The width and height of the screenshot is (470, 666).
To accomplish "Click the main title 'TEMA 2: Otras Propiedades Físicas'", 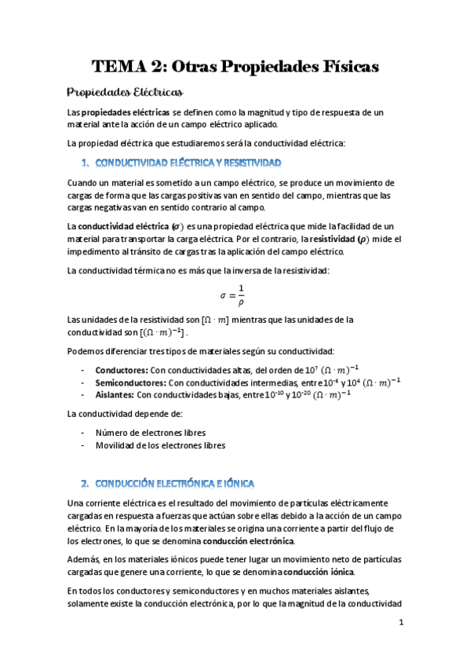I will click(235, 67).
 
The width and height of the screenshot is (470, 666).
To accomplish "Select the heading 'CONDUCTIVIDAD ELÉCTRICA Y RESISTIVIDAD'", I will click(188, 163).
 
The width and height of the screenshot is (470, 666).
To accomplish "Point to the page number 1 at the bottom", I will click(401, 623).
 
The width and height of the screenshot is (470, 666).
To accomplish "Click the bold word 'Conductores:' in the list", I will click(120, 370).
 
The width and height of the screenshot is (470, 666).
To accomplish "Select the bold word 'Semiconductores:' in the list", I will click(130, 382).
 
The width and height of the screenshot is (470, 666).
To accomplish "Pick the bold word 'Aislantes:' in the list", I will click(115, 395).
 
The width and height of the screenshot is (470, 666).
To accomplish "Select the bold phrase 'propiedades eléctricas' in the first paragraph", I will click(126, 113).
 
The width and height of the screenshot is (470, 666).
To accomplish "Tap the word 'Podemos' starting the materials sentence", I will click(86, 350).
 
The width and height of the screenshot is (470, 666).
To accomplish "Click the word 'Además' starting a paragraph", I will click(85, 558).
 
